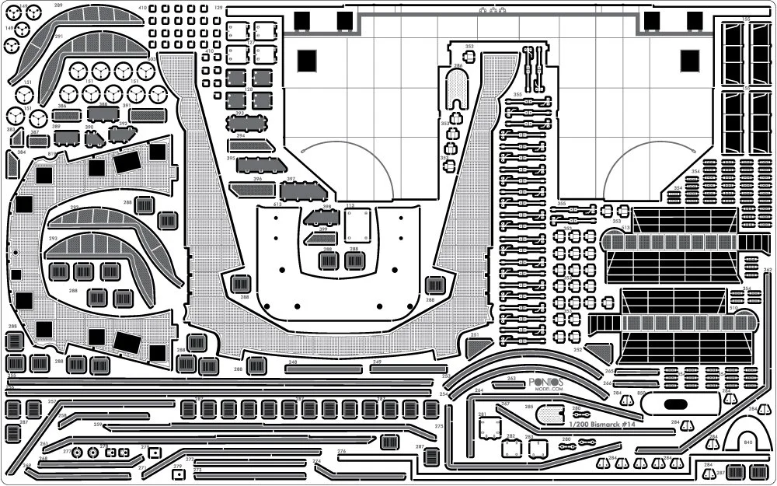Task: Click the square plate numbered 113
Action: point(357,226)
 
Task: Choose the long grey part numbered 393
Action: point(247,124)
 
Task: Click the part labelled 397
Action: point(301,191)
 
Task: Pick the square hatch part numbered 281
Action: point(490,427)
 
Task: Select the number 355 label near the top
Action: point(517,95)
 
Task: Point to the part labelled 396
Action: point(252,187)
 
